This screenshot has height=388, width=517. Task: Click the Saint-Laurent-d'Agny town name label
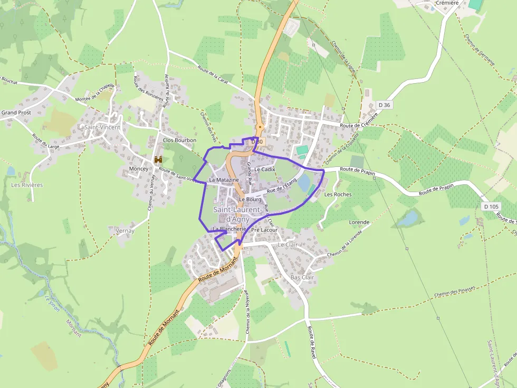point(238,214)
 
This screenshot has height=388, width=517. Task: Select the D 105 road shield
point(491,206)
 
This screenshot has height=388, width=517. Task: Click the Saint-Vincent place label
point(102,127)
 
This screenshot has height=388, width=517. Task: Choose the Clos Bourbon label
point(179,141)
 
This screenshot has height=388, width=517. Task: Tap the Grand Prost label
point(16,113)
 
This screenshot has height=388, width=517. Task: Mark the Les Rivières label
point(27,185)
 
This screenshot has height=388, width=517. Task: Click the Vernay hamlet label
point(124,231)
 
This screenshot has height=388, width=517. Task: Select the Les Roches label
point(338,194)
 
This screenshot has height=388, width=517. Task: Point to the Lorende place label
point(359,222)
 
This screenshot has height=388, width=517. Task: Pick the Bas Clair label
point(302,277)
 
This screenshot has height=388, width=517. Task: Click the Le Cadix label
point(264,170)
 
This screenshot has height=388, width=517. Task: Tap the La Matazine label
point(224,180)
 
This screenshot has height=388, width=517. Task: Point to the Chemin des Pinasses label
point(455,291)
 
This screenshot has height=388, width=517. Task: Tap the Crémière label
point(447,3)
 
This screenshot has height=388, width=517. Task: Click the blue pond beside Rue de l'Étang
point(304,183)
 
